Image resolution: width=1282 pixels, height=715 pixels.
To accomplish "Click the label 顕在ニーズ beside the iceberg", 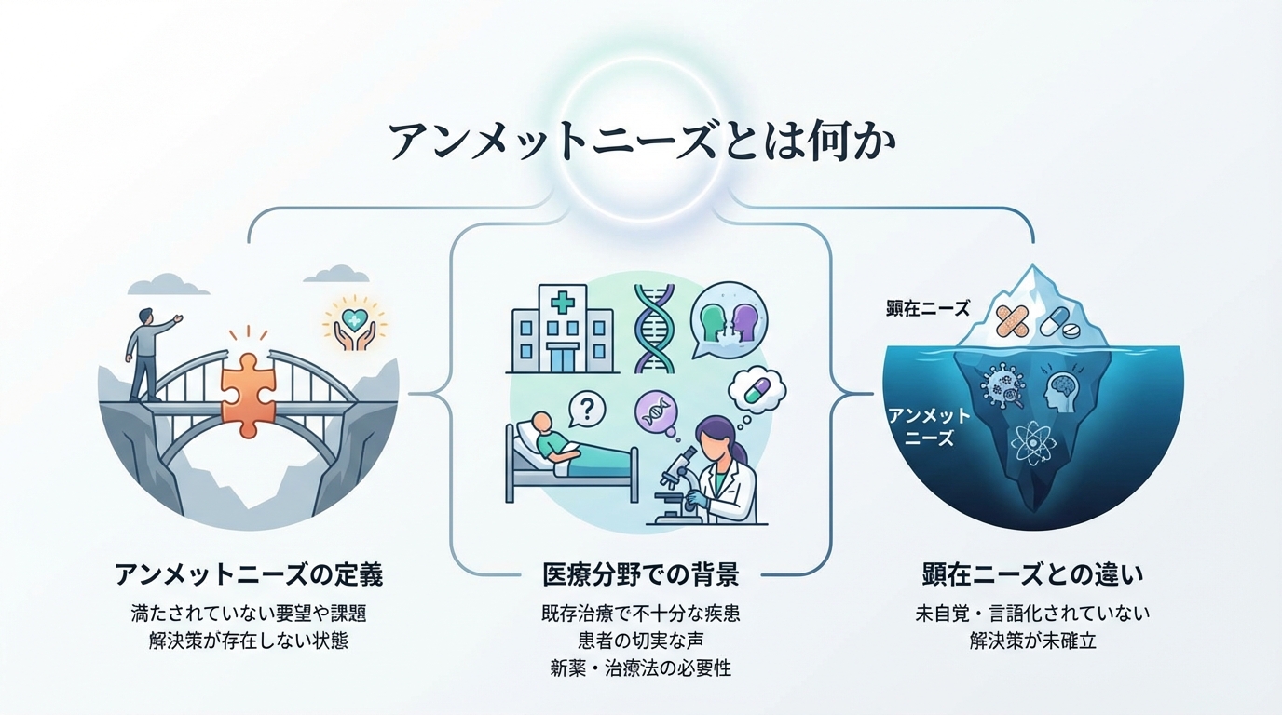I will click(x=928, y=307).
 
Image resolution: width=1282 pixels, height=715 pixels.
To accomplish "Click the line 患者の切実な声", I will click(x=640, y=641).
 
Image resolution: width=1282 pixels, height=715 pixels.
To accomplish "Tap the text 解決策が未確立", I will click(x=1031, y=641).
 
